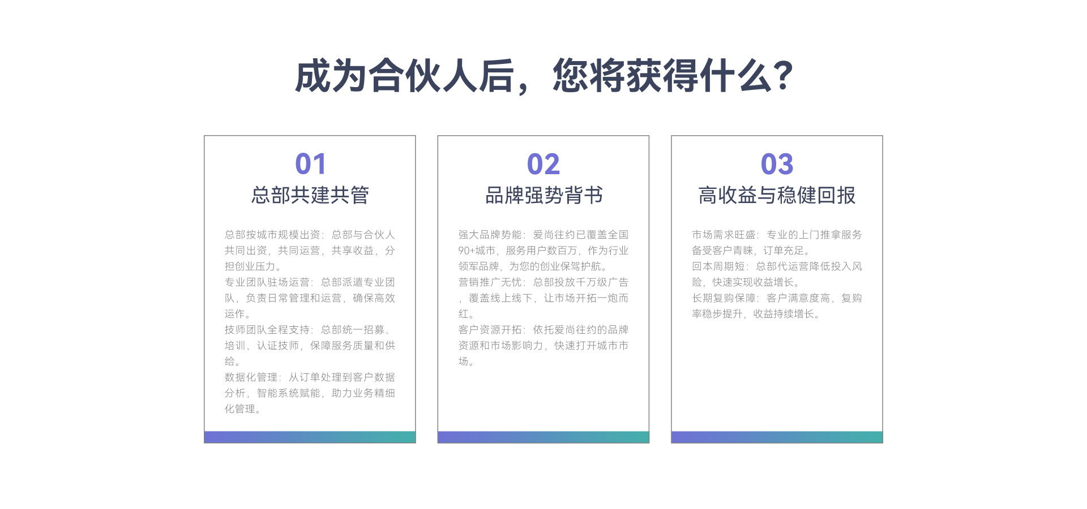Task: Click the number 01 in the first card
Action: coord(310,164)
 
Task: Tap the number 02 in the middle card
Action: coord(543,164)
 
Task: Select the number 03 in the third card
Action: coord(777,164)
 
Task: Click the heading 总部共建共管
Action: coord(310,195)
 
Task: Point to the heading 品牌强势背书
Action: coord(543,195)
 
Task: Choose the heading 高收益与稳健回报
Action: coord(777,195)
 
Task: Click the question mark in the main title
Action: coord(782,75)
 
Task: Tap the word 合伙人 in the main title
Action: coord(423,76)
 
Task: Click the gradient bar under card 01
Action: coord(310,437)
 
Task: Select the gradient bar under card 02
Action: coord(543,437)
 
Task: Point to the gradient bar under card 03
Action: coord(777,437)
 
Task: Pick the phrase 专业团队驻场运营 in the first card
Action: coord(267,282)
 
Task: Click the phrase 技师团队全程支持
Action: coord(267,330)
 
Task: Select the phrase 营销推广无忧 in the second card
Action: coord(490,282)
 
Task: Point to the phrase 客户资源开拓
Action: coord(490,330)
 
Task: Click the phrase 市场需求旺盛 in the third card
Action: coord(724,235)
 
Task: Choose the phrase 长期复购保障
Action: coord(724,298)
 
